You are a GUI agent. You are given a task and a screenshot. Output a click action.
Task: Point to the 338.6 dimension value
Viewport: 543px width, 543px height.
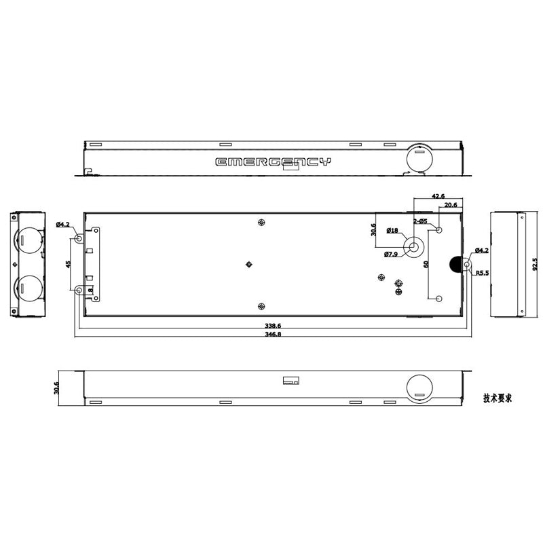click(273, 326)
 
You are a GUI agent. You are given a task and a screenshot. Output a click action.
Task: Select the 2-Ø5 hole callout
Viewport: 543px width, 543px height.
click(420, 221)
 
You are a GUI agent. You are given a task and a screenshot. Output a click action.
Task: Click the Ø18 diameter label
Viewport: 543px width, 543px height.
click(392, 231)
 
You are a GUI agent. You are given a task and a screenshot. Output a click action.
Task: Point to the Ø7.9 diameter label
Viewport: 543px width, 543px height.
click(391, 254)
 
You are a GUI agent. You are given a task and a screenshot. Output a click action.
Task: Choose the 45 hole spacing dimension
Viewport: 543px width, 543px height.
click(67, 265)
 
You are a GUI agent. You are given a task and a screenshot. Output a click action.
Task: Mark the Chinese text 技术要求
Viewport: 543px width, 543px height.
click(497, 398)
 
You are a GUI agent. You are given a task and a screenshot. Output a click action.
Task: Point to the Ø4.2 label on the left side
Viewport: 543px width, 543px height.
click(62, 225)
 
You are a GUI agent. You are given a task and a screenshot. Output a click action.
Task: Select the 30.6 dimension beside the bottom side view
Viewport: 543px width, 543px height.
click(57, 388)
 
